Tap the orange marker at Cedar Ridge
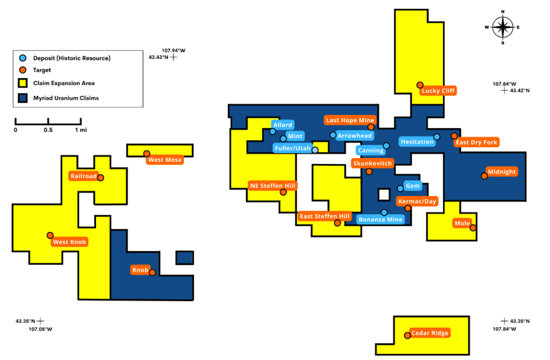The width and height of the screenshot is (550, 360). tap(407, 334)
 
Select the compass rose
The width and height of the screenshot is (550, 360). tap(503, 27)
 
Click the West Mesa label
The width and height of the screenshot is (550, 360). tap(165, 160)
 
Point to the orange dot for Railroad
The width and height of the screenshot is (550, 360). tap(101, 178)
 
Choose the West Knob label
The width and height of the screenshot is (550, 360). tap(70, 241)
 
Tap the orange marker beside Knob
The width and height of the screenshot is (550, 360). tap(153, 273)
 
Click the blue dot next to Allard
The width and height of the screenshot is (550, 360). tap(273, 132)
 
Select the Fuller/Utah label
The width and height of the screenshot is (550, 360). tap(293, 148)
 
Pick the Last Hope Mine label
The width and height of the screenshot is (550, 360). tap(350, 120)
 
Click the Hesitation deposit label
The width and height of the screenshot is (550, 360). tap(417, 142)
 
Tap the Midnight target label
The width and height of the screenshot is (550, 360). tap(502, 172)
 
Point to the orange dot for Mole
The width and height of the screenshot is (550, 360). tap(473, 228)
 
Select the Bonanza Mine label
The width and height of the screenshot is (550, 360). tap(381, 219)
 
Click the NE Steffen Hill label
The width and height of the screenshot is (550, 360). tap(273, 185)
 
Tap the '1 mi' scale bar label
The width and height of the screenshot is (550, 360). tap(78, 129)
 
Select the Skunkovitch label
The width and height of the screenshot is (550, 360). tap(372, 163)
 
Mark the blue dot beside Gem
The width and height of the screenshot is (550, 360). tap(400, 188)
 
